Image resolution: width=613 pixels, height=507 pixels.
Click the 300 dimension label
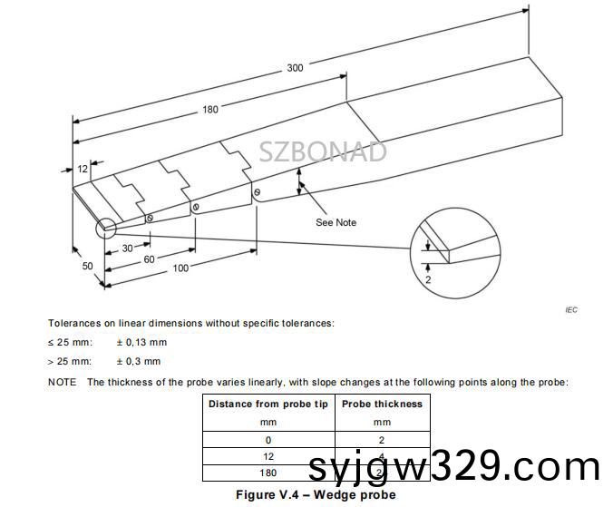296,67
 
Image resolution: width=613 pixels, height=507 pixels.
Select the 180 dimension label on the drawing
210,110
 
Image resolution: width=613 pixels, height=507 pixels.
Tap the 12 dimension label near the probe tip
83,169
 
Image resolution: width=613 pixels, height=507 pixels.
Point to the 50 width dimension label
87,266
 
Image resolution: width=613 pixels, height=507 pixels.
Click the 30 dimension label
128,248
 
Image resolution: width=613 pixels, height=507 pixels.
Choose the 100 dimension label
180,268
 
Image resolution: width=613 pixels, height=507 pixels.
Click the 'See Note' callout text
336,222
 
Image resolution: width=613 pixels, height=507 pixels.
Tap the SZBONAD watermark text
323,151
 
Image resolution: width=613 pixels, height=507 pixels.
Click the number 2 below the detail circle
427,282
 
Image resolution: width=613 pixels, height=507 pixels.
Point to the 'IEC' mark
570,309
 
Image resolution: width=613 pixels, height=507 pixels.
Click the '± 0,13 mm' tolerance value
141,342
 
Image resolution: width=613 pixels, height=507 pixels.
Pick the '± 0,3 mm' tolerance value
139,361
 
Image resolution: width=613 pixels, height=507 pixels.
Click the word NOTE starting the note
62,382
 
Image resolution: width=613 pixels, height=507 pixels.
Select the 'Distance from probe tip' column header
268,404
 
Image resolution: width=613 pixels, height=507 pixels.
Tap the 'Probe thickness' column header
382,404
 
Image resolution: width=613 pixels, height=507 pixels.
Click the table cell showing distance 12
268,456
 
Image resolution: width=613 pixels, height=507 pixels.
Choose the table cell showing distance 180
268,473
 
